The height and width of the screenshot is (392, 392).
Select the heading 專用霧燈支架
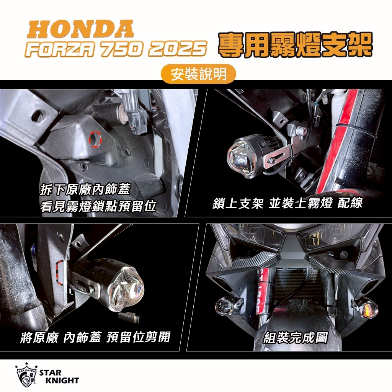(296, 45)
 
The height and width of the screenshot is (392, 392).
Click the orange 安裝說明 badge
(199, 74)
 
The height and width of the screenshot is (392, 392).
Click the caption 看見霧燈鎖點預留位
(98, 206)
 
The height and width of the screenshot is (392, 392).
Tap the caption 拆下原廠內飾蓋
(85, 189)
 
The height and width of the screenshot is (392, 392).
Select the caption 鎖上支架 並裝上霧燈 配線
(287, 203)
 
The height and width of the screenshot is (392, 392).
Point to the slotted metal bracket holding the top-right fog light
(278, 155)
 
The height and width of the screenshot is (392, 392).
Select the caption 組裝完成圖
(296, 338)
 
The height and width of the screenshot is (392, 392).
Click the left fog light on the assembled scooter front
(224, 306)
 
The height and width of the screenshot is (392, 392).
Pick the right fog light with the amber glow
(367, 309)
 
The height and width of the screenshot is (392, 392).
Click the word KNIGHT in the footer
(62, 381)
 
